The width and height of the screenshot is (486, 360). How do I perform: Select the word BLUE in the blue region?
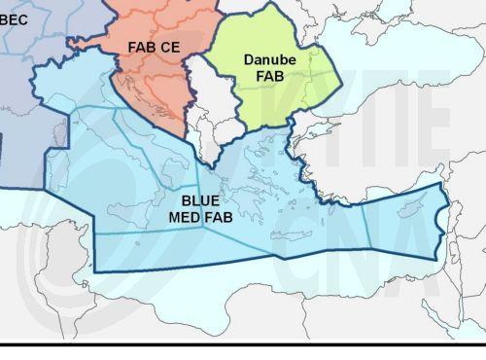click(200, 201)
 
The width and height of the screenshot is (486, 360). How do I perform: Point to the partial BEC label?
click(15, 17)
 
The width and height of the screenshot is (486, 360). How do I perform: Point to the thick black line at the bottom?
click(243, 343)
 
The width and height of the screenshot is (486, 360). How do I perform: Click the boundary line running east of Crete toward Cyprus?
click(330, 220)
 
